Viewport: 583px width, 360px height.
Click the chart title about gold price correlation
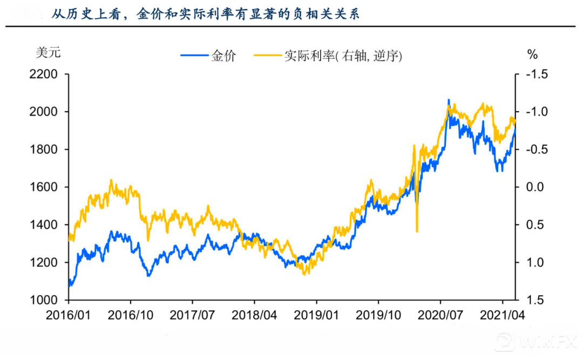206,14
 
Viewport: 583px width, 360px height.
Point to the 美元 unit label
48,53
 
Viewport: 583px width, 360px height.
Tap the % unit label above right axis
532,54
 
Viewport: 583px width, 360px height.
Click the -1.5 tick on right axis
535,74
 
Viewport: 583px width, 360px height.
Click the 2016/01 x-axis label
69,315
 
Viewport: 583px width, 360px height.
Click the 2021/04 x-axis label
503,315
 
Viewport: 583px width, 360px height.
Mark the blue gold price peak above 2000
449,100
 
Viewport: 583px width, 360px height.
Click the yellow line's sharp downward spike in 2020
417,231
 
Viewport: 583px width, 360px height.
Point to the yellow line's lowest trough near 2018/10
305,274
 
